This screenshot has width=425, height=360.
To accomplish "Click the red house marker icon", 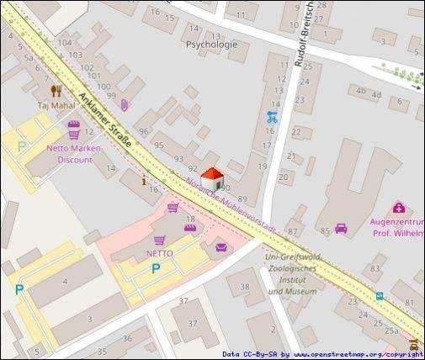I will click(212, 177).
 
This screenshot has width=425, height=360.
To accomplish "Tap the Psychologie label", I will click(210, 45).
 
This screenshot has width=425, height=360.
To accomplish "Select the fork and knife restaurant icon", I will click(56, 91).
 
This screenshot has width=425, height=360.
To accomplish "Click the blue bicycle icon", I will click(271, 118).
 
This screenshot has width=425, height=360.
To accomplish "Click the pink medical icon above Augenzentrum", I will click(398, 208).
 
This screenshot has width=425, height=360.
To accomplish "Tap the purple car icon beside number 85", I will click(341, 228).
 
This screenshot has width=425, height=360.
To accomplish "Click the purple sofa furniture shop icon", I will click(222, 246).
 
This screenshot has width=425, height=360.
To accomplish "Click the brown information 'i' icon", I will click(145, 178).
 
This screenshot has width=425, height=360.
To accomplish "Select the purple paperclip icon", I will click(124, 105).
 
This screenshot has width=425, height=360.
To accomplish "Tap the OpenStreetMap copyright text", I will click(322, 355).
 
